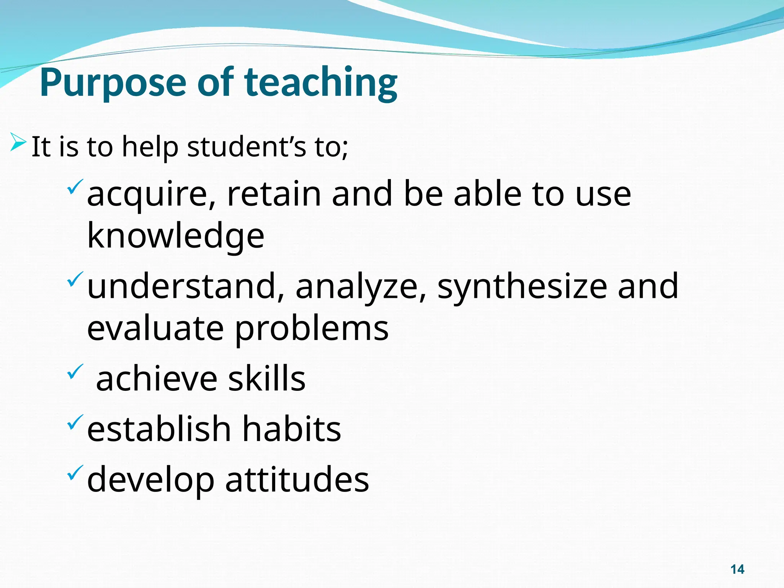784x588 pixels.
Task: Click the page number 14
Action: click(737, 569)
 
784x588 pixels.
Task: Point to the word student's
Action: click(247, 147)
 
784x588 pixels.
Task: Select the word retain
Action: click(274, 194)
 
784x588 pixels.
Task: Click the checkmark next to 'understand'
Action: click(75, 279)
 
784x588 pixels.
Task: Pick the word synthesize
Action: click(522, 287)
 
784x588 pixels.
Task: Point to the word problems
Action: click(312, 329)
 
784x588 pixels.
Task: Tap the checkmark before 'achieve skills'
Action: click(75, 371)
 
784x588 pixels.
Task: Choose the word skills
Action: click(267, 379)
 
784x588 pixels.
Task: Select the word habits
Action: click(291, 429)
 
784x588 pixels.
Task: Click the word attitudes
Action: click(297, 480)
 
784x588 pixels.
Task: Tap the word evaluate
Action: click(155, 329)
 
